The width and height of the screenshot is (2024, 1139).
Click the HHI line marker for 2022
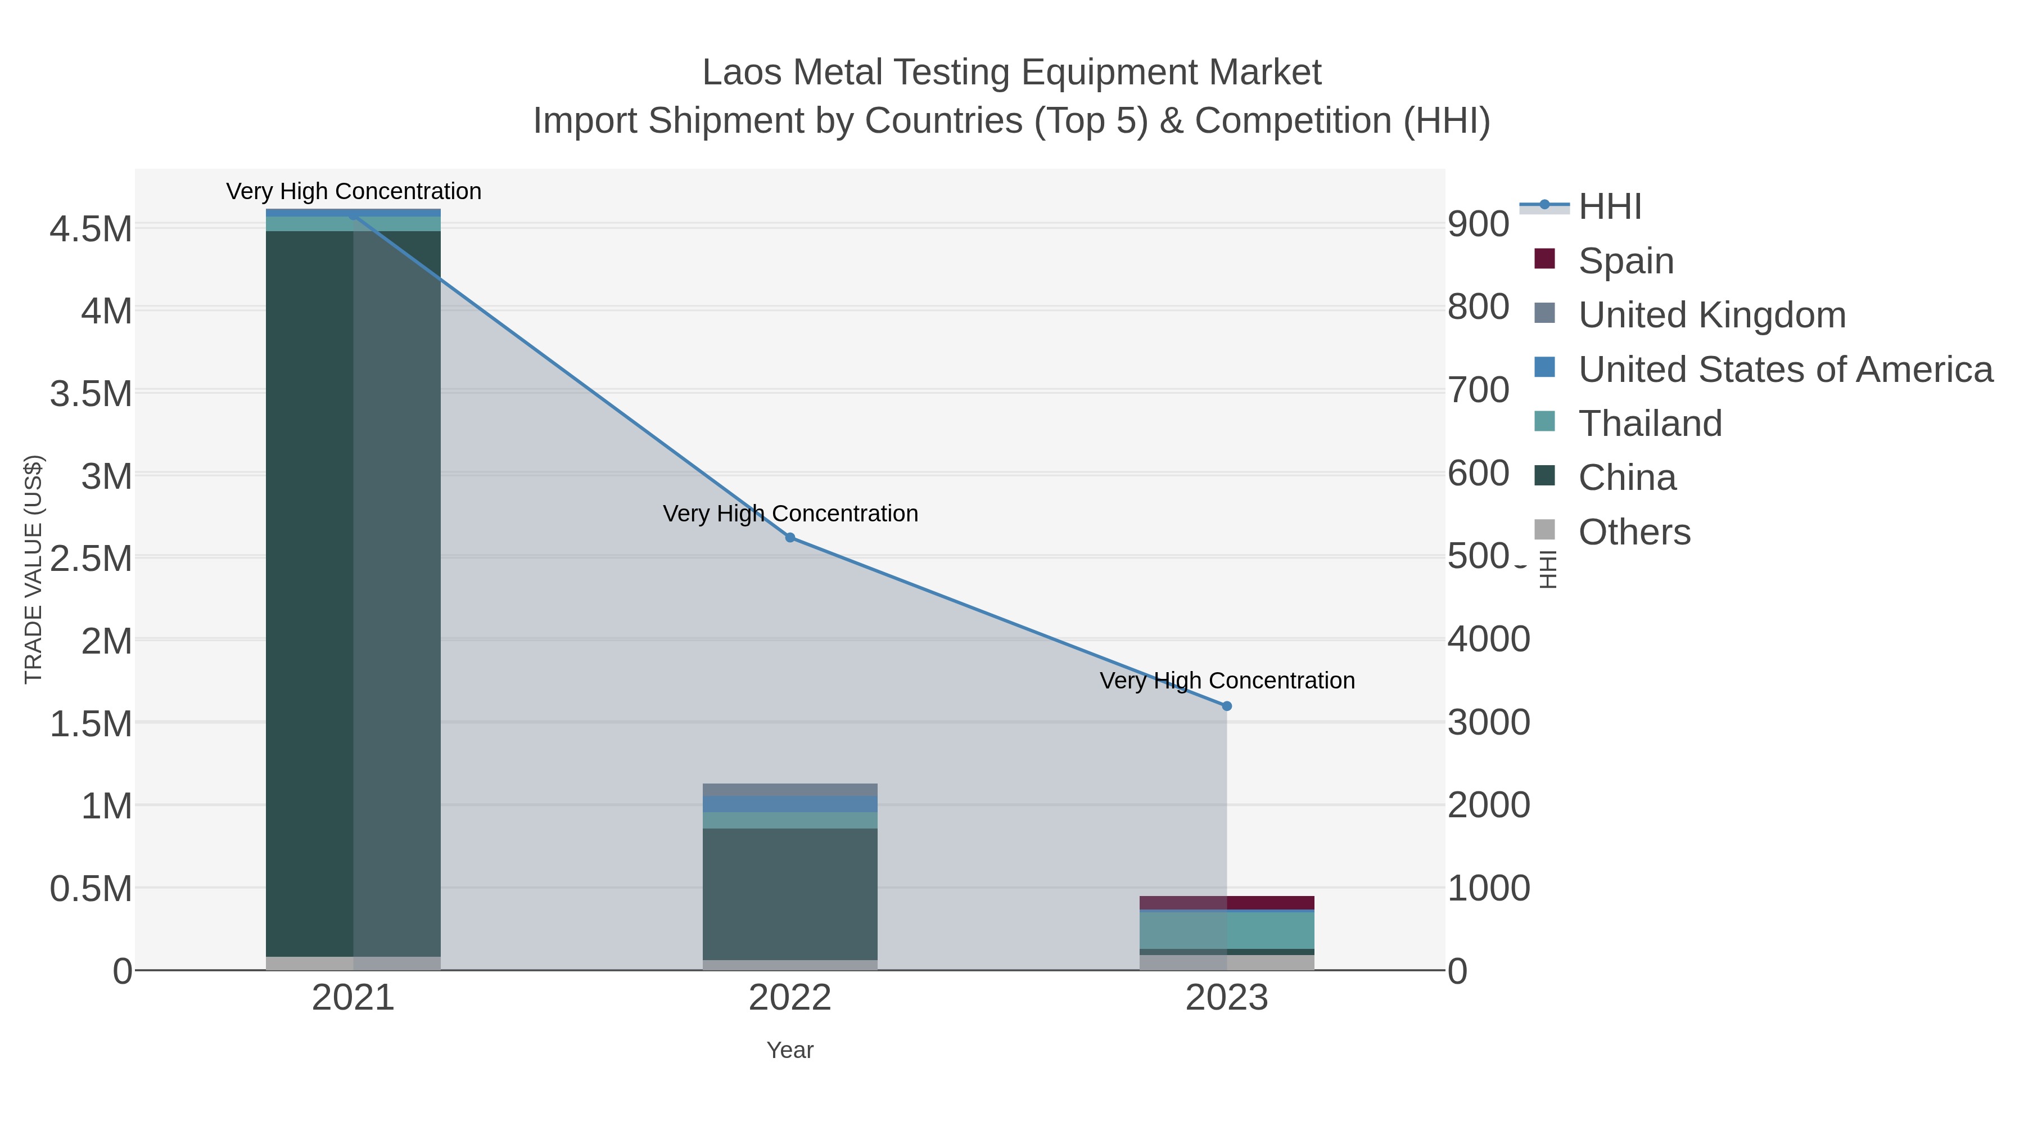(790, 538)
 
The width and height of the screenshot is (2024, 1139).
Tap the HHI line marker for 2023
(1227, 706)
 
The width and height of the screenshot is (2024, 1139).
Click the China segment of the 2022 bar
(790, 894)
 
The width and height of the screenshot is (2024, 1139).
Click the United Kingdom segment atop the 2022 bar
(790, 789)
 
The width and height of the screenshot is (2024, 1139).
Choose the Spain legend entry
(1625, 261)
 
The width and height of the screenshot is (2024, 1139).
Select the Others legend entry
(1633, 532)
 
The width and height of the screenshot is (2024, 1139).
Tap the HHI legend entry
(1609, 207)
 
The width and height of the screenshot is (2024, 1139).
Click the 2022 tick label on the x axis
(790, 999)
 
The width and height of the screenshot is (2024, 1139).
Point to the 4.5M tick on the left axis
(91, 229)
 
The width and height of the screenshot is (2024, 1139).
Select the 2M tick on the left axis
(106, 641)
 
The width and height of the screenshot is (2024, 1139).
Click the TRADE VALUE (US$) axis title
(33, 569)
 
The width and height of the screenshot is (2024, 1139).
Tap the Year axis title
(790, 1050)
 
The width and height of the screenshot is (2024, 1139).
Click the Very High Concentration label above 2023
(1227, 681)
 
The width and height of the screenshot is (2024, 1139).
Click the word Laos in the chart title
(742, 73)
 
